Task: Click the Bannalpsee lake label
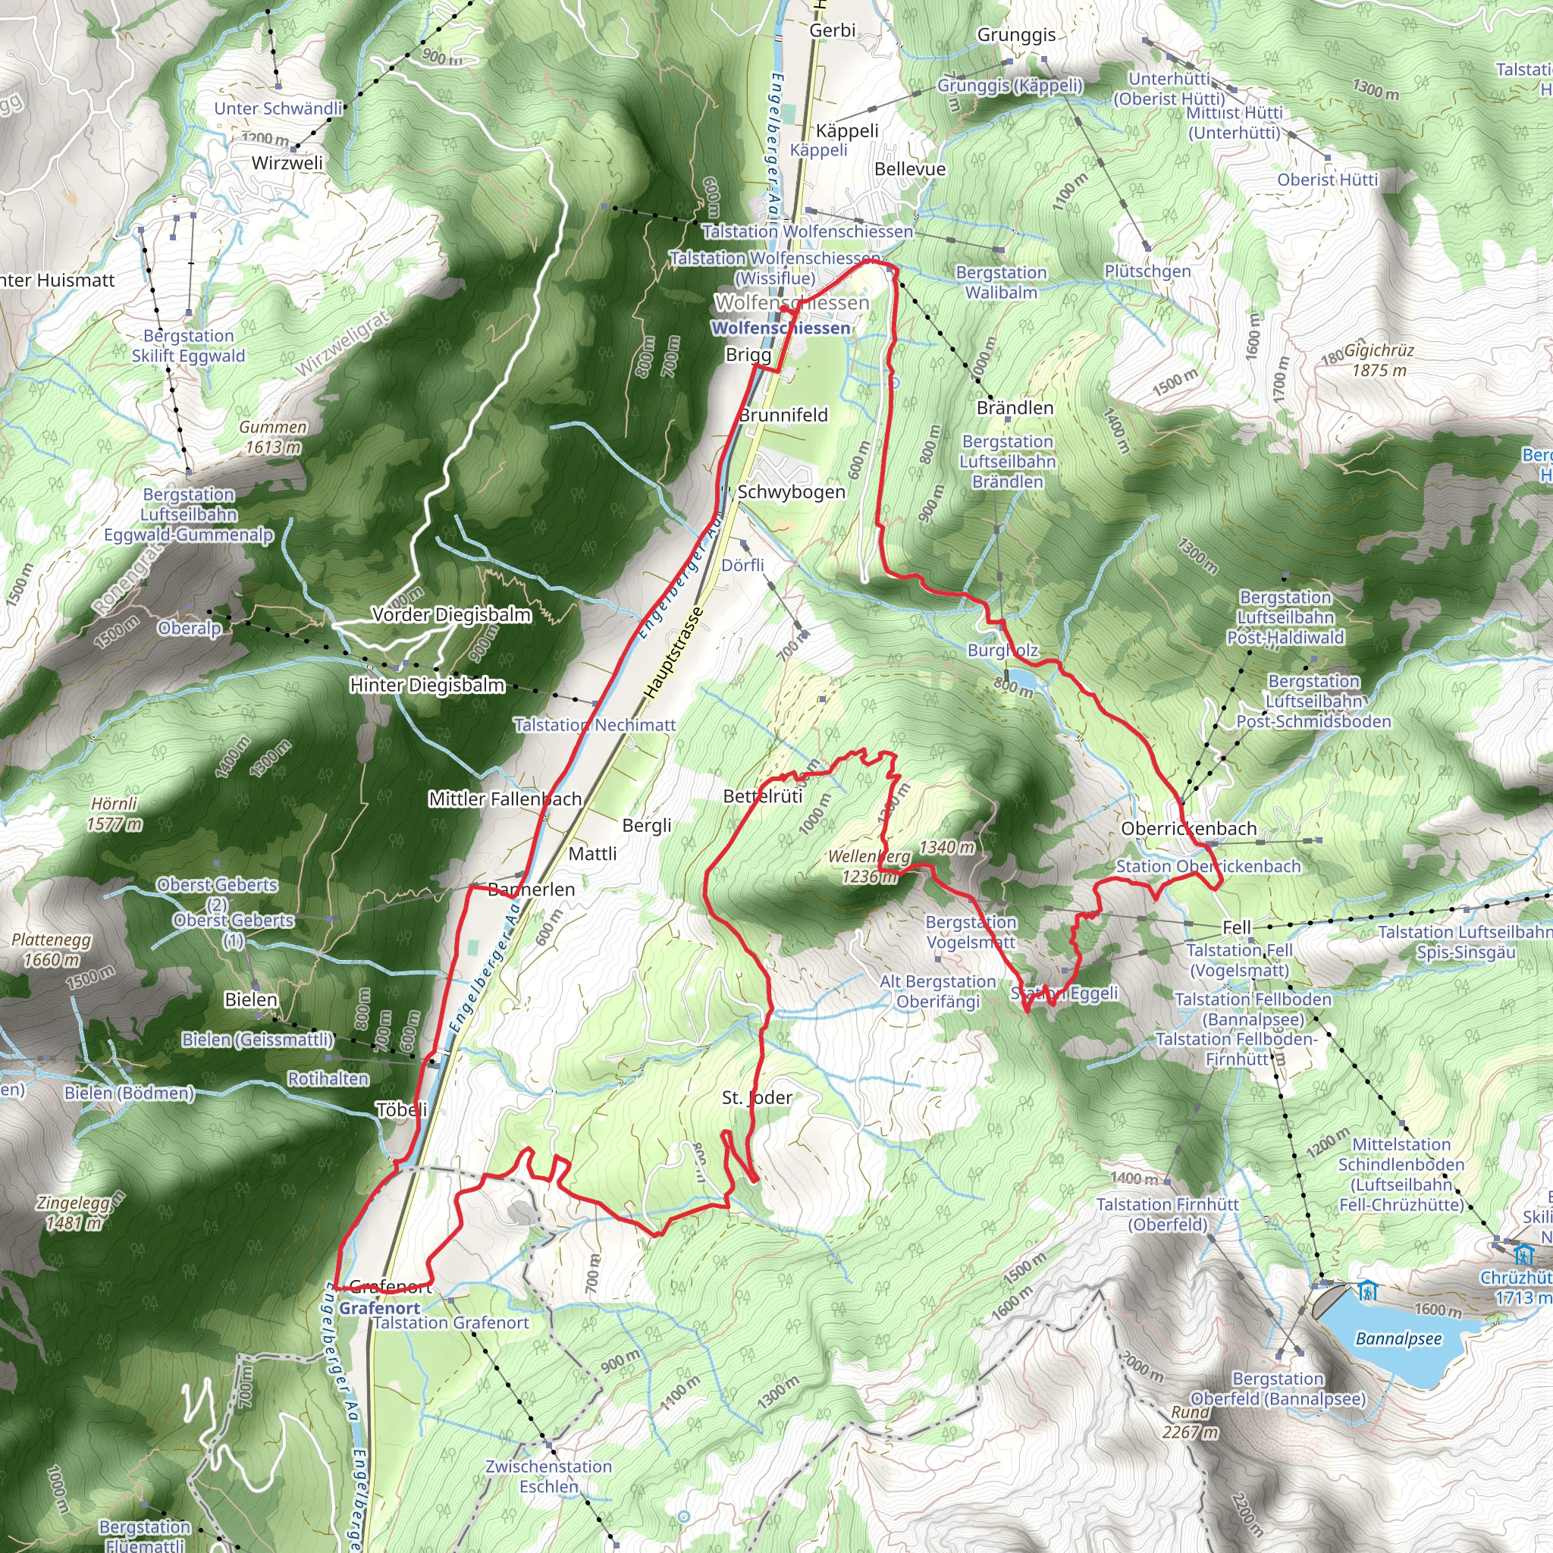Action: tap(1398, 1339)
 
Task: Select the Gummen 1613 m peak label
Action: tap(273, 438)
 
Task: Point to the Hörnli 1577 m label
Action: tap(115, 814)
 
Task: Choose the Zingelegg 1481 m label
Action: tap(73, 1213)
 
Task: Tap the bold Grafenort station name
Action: tap(379, 1308)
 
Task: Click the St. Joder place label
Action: tap(756, 1098)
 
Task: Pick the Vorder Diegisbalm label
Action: tap(451, 615)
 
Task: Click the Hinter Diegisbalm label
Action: tap(427, 686)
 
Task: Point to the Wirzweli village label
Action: tap(287, 163)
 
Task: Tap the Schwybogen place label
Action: tap(791, 492)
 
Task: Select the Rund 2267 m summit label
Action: tap(1190, 1423)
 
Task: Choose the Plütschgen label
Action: tap(1147, 271)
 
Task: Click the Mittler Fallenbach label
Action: tap(505, 799)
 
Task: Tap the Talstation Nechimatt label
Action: tap(595, 725)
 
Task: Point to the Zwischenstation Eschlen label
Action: tap(548, 1476)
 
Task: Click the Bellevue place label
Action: tap(910, 170)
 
